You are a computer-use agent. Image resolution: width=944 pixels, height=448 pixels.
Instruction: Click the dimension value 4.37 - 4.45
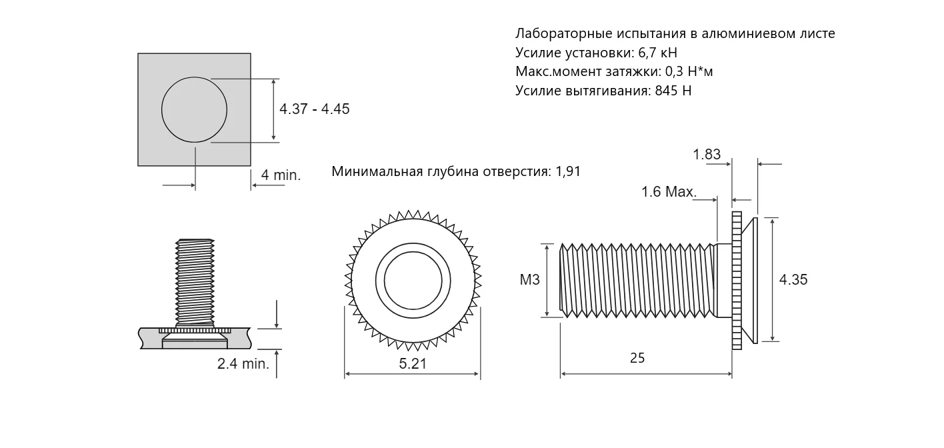(315, 109)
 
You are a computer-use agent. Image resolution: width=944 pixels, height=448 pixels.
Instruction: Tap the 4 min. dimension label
(281, 175)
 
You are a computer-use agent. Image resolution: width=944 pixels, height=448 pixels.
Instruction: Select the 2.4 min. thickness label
(243, 364)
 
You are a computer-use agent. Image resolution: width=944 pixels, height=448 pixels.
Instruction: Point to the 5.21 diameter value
(413, 363)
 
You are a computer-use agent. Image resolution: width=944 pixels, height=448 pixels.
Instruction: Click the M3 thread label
(529, 280)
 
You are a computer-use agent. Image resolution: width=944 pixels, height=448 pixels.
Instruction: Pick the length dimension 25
(637, 358)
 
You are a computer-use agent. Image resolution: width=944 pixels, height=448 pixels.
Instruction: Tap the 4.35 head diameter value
(793, 280)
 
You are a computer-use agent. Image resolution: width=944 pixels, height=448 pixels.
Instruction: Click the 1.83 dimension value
(707, 155)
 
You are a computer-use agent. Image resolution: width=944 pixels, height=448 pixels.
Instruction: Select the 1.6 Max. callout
(669, 192)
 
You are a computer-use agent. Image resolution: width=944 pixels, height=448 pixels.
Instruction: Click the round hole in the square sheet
(194, 109)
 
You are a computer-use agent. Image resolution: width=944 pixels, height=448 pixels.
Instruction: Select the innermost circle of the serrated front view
(409, 280)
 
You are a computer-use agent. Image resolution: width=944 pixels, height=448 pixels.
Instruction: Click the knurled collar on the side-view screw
(737, 280)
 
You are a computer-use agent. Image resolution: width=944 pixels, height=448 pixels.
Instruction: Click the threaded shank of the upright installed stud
(194, 280)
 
